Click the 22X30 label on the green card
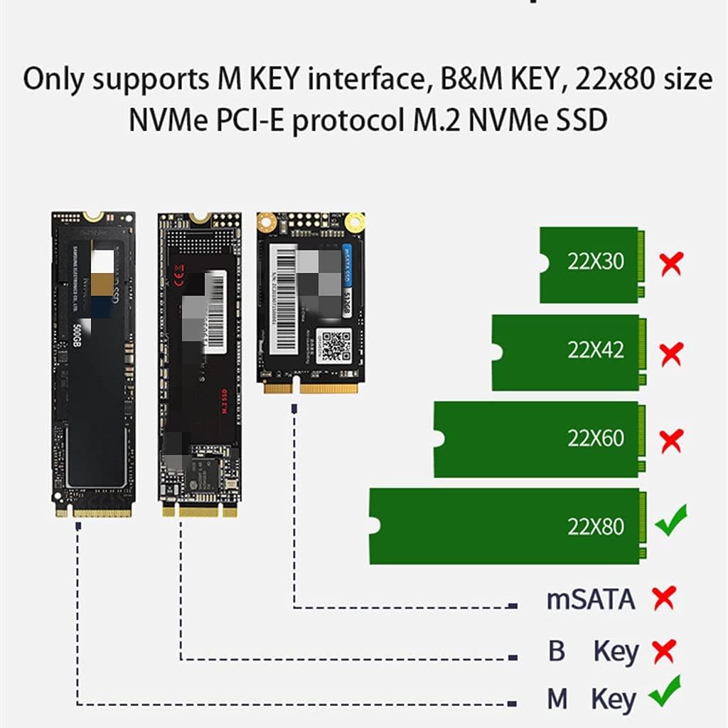point(595,261)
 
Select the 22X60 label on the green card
point(595,437)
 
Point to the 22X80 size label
point(595,526)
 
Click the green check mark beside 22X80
point(670,521)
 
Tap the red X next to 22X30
point(671,264)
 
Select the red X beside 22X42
point(671,353)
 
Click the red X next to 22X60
point(671,441)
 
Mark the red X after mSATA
point(663,598)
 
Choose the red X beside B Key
point(663,650)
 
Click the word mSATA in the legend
point(590,599)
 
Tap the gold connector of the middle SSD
point(199,510)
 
